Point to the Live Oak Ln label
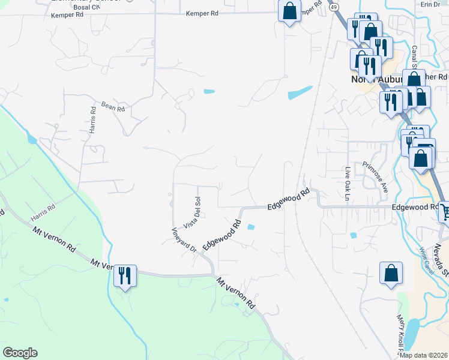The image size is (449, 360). pos(347,182)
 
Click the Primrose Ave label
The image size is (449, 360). pos(375,177)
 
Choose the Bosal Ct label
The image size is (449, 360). pos(87,7)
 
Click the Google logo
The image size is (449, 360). pos(20,353)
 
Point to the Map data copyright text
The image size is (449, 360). pos(423,355)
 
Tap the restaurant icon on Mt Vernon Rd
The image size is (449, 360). pos(125,276)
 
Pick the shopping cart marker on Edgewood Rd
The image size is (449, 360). pos(445,211)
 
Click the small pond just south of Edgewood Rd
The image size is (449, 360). pos(250,227)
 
